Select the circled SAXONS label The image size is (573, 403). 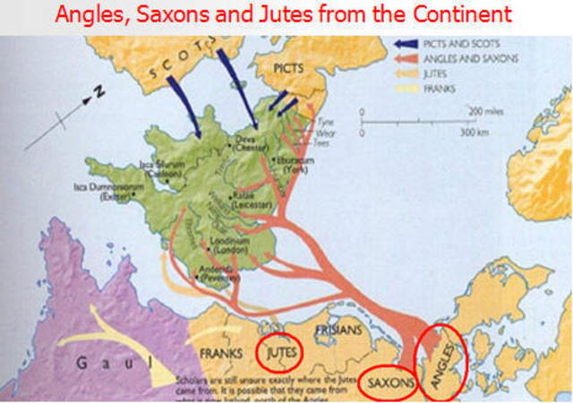388,382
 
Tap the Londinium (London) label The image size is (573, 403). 230,245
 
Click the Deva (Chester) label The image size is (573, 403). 251,143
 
